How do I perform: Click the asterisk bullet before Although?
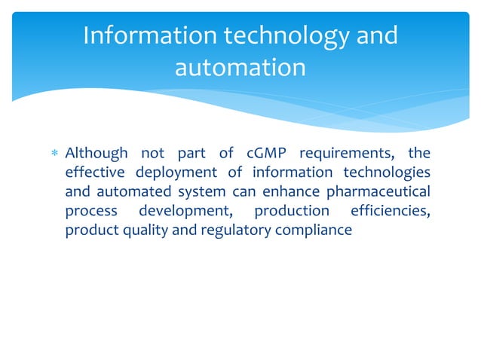point(54,154)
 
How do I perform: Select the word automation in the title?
point(240,68)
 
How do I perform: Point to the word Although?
point(97,154)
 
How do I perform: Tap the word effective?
point(93,172)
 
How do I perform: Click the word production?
point(292,212)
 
